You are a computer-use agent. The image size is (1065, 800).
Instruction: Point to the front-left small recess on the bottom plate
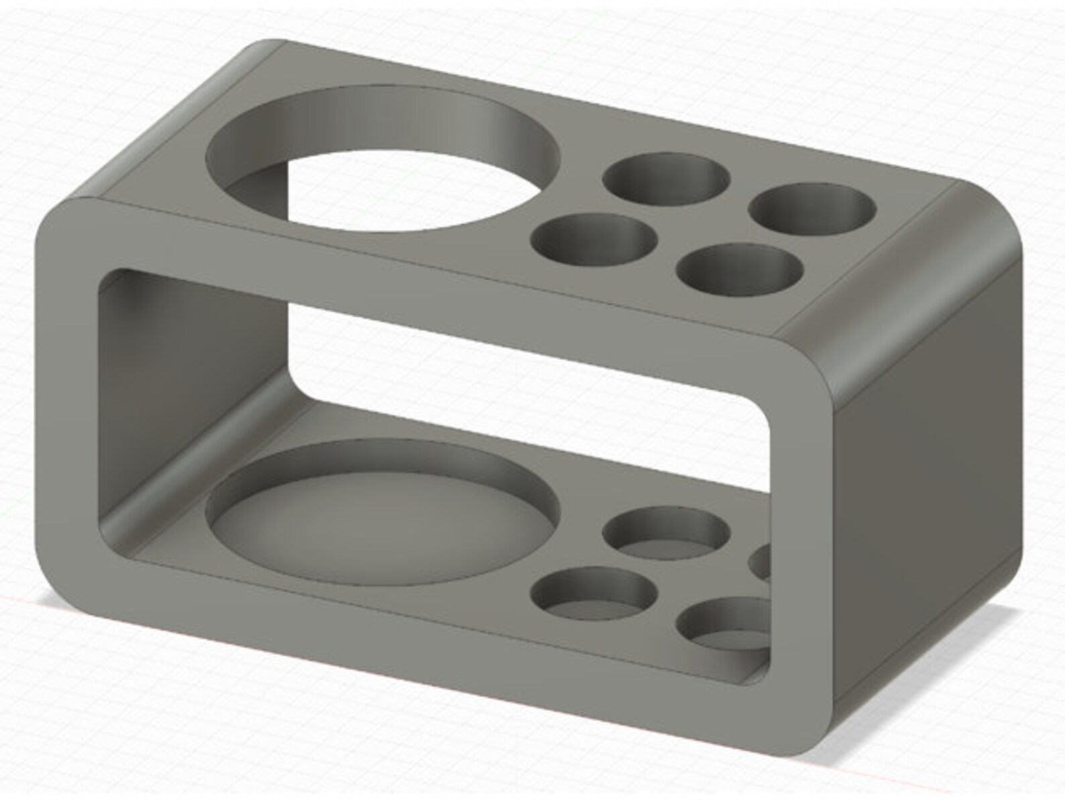593,592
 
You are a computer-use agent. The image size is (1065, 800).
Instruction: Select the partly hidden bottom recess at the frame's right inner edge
761,561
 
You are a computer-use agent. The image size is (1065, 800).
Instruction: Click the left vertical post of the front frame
67,402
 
